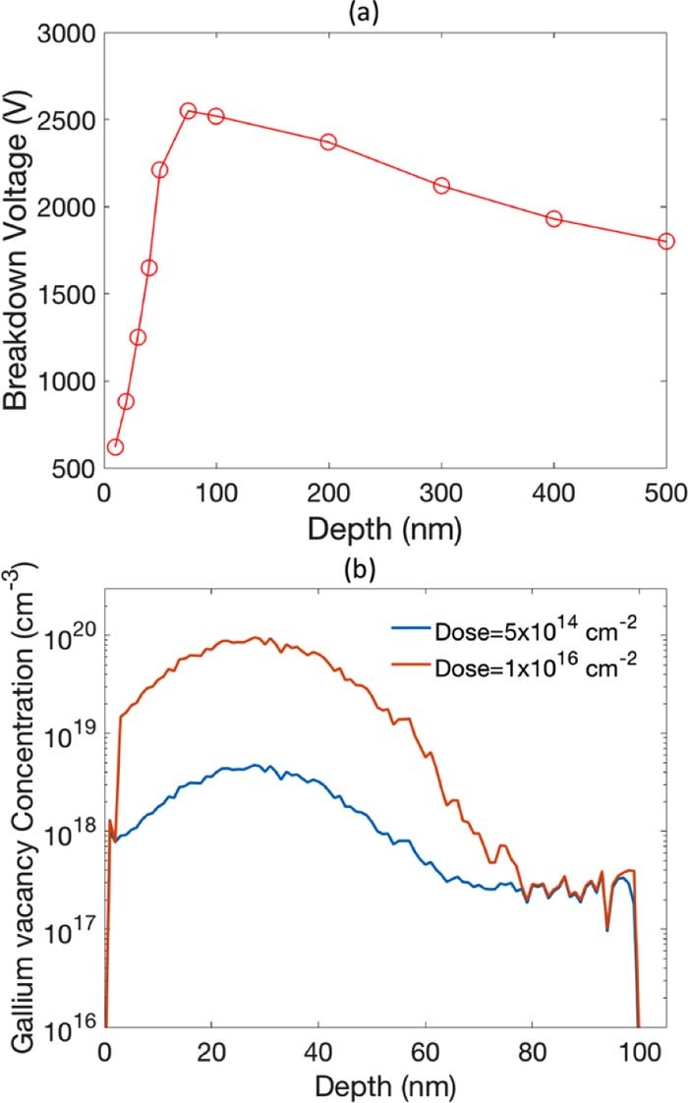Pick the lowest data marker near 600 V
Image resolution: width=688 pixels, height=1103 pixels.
pos(115,447)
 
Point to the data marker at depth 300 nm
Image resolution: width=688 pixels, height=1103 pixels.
pos(441,186)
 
